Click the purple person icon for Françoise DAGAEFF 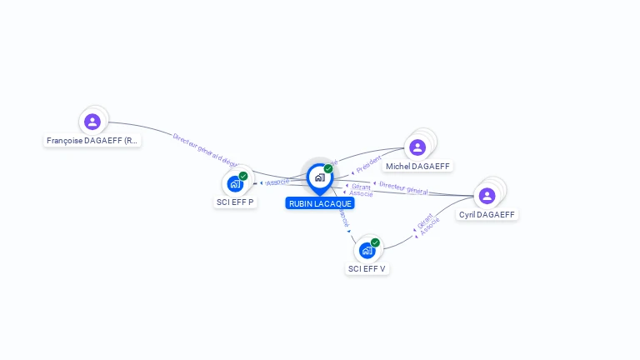point(92,122)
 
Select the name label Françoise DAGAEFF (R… point(92,141)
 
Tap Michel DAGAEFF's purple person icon point(417,147)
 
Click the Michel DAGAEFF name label point(417,167)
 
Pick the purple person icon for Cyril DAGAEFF point(487,196)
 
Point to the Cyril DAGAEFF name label point(487,214)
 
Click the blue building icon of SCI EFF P point(234,184)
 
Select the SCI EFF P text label point(235,202)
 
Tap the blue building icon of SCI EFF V point(367,250)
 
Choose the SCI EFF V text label point(367,268)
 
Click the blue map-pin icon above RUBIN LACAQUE point(319,177)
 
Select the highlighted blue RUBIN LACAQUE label point(320,203)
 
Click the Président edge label point(368,163)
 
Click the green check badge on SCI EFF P point(243,176)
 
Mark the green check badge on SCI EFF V point(375,242)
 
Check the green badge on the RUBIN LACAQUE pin point(328,168)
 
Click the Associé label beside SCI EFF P point(277,182)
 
